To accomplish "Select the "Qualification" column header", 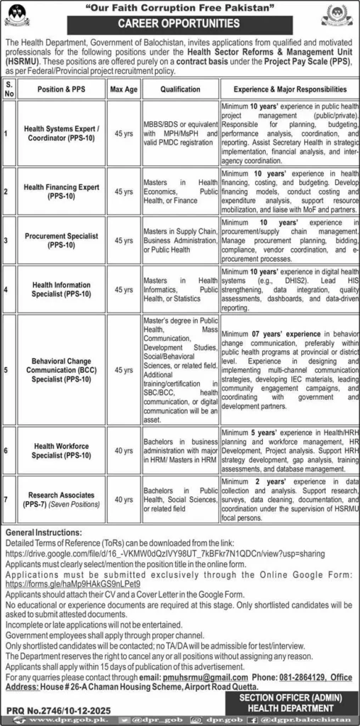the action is click(x=181, y=90).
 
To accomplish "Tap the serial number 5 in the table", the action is click(x=7, y=369).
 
